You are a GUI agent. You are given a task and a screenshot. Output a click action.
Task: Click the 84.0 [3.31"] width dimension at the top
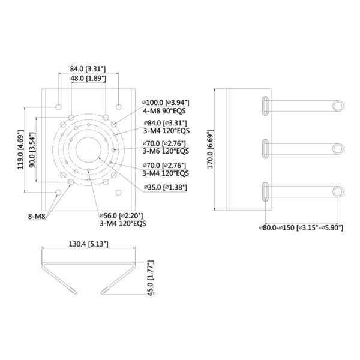coord(88,69)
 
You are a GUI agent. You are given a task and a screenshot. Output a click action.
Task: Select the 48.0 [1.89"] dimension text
coord(88,79)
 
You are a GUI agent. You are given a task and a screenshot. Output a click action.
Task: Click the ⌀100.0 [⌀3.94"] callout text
coord(166,102)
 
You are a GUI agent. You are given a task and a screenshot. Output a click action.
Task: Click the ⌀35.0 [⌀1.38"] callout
coord(166,187)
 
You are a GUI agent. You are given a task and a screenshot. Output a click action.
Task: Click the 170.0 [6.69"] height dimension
coord(209,150)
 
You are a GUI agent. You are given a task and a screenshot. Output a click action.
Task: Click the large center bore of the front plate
coord(88,148)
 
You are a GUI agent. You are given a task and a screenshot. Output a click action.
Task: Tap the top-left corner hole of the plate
coord(58,106)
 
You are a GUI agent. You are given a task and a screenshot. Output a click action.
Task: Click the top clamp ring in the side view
coord(338,106)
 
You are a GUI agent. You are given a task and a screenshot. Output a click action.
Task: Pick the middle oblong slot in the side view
coord(265,149)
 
